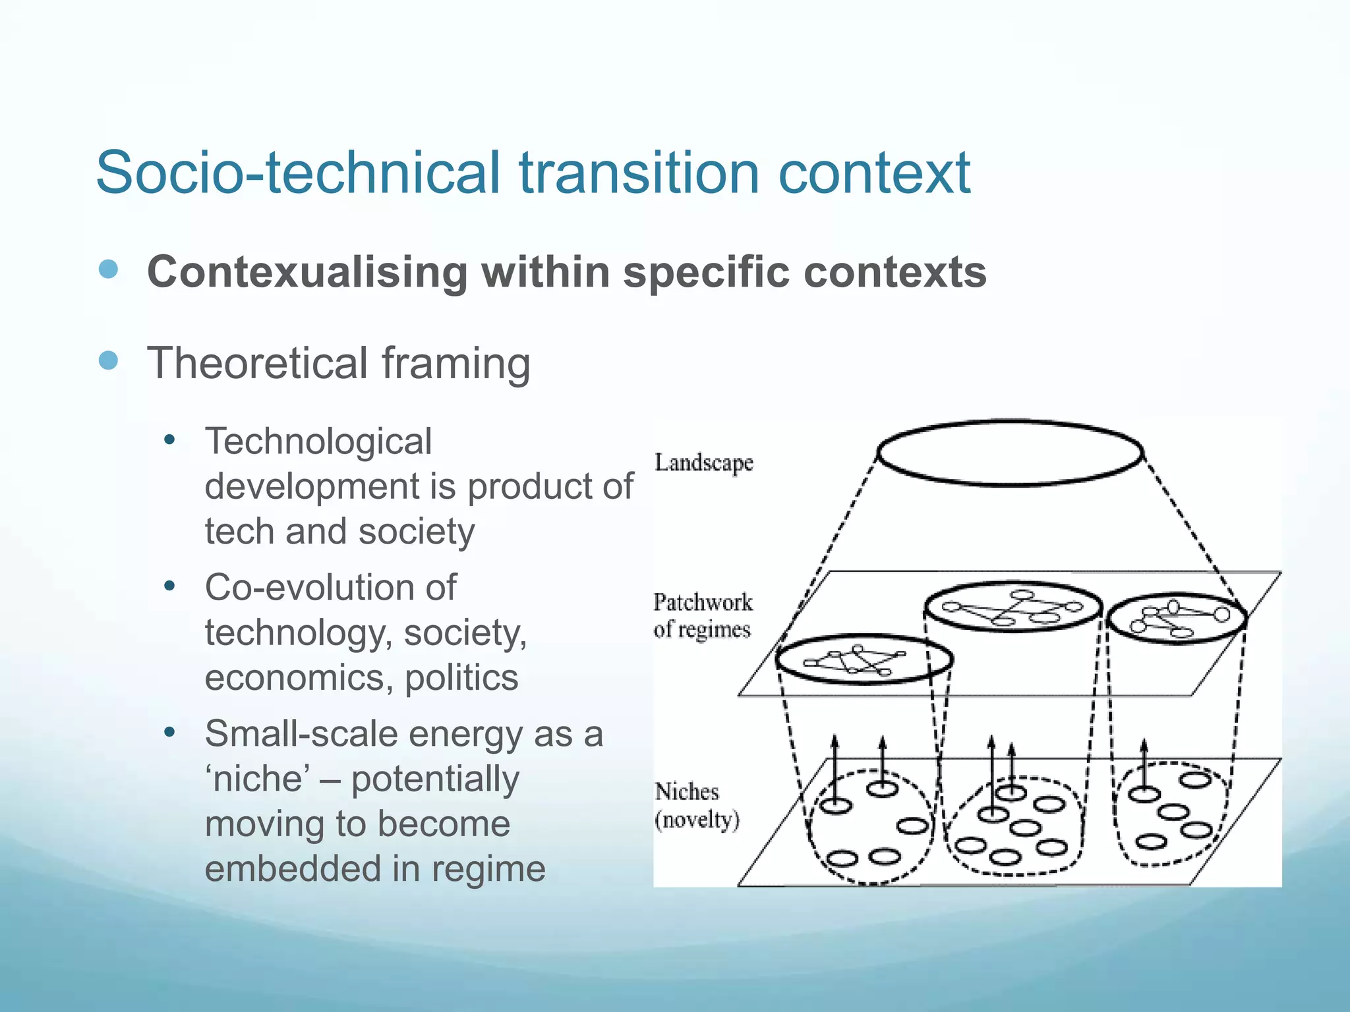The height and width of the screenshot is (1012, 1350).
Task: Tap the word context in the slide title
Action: [874, 173]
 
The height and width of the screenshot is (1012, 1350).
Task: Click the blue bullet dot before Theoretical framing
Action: [108, 360]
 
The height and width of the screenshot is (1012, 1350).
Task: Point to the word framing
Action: [455, 364]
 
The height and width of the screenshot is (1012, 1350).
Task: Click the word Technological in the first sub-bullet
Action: [318, 441]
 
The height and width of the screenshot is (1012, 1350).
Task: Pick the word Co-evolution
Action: [330, 587]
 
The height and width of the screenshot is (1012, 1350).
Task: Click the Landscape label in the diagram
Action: [703, 463]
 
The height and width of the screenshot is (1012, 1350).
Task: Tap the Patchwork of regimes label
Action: [703, 615]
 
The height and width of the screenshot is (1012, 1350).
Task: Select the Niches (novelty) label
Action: [697, 805]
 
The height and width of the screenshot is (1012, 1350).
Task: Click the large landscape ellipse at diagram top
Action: [1010, 453]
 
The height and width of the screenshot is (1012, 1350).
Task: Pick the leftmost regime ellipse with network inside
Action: [864, 660]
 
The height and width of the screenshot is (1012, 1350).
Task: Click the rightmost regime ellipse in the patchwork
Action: [1177, 618]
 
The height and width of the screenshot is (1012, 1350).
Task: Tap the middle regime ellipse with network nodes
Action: [1013, 606]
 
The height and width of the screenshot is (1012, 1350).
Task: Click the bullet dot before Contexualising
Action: [108, 269]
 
